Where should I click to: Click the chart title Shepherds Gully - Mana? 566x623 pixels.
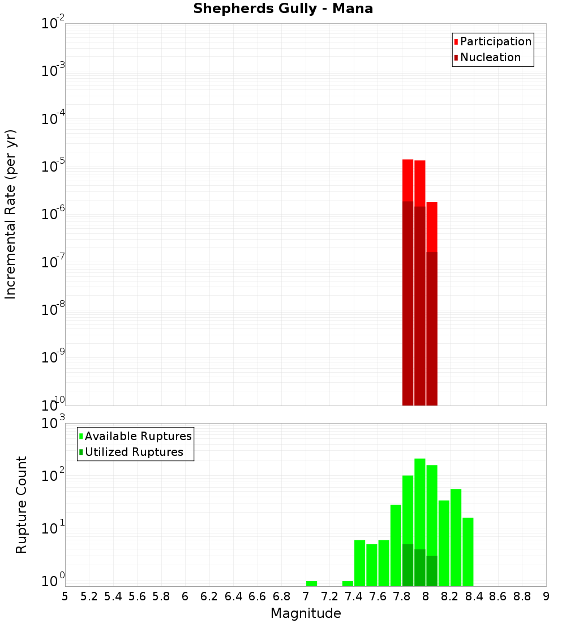(x=283, y=9)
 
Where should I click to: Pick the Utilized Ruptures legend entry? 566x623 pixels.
(x=134, y=452)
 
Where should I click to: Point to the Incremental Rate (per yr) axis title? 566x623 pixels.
(x=11, y=214)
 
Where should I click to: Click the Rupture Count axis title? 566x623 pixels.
(x=22, y=505)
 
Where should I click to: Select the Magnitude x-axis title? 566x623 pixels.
(x=306, y=613)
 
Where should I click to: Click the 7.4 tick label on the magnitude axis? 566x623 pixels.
(x=354, y=596)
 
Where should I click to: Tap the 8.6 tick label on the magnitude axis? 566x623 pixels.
(x=498, y=596)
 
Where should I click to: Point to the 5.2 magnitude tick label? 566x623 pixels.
(x=89, y=596)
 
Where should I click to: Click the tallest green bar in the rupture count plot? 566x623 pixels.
(x=420, y=510)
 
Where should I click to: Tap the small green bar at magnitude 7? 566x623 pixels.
(x=311, y=583)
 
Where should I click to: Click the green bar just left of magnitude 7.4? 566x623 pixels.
(x=348, y=583)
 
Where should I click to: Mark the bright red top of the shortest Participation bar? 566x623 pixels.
(x=432, y=227)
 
